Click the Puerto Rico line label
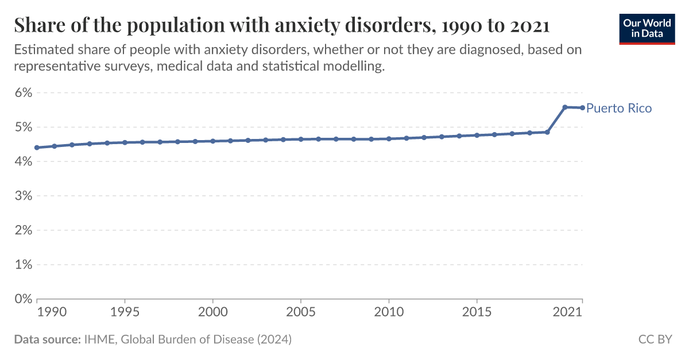(x=619, y=108)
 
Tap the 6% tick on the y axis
(x=22, y=92)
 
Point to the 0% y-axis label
(x=22, y=299)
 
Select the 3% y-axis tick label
(x=22, y=196)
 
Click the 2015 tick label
(x=477, y=312)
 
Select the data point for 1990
(x=37, y=148)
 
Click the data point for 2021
(x=582, y=107)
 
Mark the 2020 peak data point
(x=565, y=107)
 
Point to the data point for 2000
(x=213, y=141)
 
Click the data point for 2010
(x=389, y=138)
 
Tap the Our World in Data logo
(x=647, y=28)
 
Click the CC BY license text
(x=655, y=339)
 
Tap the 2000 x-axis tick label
(x=213, y=312)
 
